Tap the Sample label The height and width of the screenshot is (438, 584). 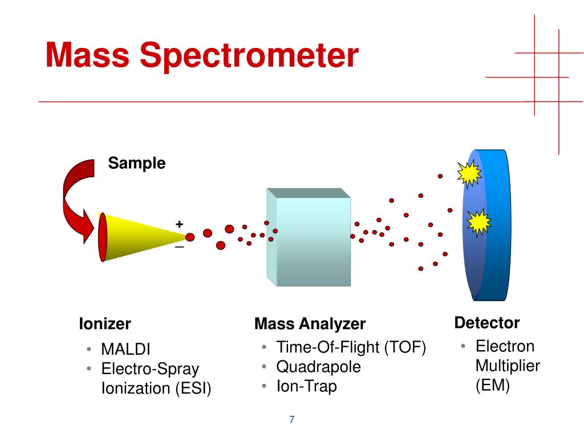(x=137, y=164)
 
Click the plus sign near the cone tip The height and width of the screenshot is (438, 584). (x=180, y=224)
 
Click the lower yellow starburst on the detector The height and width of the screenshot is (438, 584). (x=478, y=222)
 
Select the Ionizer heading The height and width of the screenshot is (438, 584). (x=105, y=325)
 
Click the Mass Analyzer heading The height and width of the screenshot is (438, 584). (x=310, y=325)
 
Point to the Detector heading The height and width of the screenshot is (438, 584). (x=487, y=323)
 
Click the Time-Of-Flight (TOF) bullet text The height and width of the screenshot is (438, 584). (x=351, y=347)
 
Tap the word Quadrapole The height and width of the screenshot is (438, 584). (x=319, y=367)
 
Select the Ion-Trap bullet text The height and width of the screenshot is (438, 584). (x=307, y=386)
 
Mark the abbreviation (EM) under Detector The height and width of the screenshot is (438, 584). (x=492, y=386)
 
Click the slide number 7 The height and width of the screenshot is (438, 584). (x=292, y=420)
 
